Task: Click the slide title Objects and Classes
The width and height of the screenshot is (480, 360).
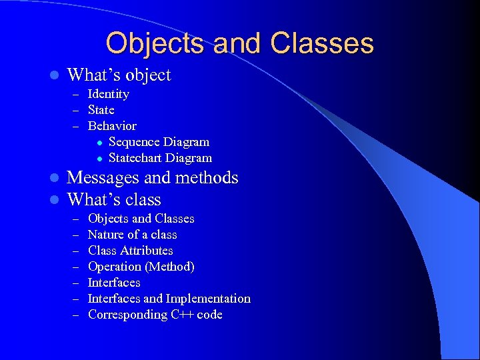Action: pos(239,43)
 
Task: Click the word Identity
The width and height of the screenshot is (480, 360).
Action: pos(108,94)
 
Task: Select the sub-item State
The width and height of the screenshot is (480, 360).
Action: pos(101,110)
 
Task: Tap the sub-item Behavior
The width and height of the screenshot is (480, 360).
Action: pos(111,126)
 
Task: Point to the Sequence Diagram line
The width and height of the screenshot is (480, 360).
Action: pos(159,142)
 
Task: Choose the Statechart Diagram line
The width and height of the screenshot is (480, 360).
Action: pos(160,158)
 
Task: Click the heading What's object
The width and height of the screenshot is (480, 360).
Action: pos(119,75)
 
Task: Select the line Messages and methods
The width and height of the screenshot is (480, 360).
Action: pos(153,177)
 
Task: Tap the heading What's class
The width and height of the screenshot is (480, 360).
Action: pos(114,199)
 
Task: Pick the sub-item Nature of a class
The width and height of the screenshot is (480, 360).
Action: pos(132,235)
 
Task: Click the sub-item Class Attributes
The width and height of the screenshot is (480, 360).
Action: pos(130,251)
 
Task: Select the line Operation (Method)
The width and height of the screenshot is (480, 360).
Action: pos(141,267)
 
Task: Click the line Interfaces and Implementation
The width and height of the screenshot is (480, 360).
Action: pos(169,299)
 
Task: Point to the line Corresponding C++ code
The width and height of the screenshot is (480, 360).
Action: pos(155,315)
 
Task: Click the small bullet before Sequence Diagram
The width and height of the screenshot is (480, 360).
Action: pos(98,143)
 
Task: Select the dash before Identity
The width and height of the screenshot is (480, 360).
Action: pos(75,95)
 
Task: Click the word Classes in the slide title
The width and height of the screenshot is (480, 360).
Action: pos(322,43)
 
